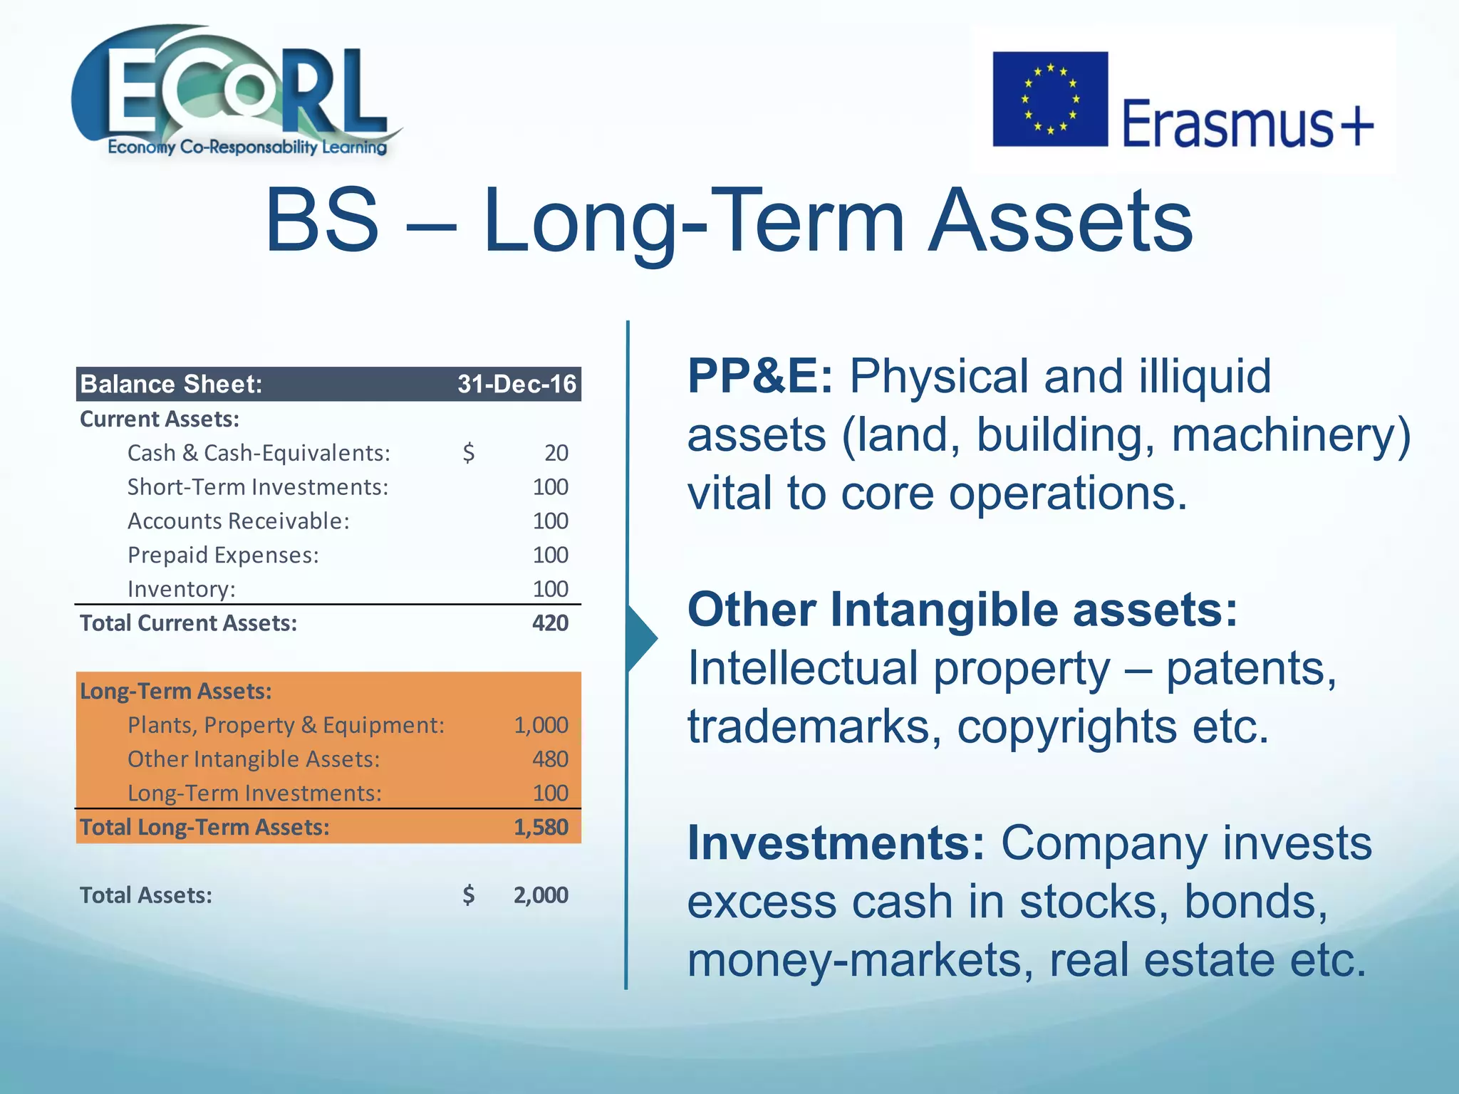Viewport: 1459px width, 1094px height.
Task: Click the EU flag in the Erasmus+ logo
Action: click(1050, 99)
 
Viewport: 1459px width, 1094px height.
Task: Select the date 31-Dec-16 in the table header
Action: click(516, 385)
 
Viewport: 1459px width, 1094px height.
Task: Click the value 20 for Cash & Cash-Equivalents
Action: click(556, 453)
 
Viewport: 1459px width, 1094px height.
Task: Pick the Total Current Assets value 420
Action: click(549, 623)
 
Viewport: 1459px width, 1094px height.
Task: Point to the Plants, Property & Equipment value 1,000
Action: click(541, 725)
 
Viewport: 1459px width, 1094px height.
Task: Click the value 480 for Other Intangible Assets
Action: click(549, 759)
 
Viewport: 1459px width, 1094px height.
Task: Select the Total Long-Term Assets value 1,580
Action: click(541, 828)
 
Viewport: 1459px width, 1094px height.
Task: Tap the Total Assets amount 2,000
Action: click(541, 895)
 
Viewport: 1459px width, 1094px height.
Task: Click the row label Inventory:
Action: click(181, 590)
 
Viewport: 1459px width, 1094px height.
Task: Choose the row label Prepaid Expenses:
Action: click(223, 556)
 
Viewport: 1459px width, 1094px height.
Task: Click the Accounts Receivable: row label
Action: click(238, 521)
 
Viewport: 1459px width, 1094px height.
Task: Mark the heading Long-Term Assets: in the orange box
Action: click(175, 692)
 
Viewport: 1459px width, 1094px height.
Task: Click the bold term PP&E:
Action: click(759, 376)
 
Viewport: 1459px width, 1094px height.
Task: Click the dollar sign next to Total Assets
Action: click(468, 895)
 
